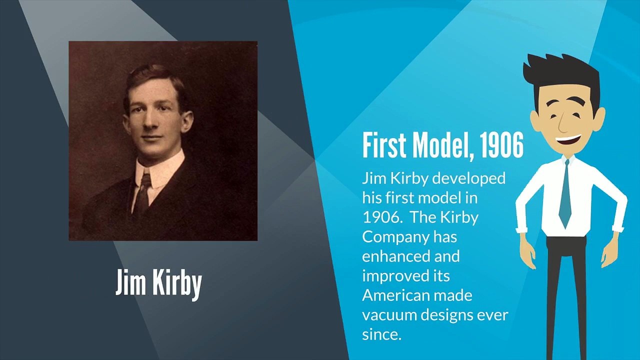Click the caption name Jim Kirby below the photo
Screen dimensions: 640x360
point(158,283)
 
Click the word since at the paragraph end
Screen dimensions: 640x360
point(382,334)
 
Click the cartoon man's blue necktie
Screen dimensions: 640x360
point(565,195)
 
